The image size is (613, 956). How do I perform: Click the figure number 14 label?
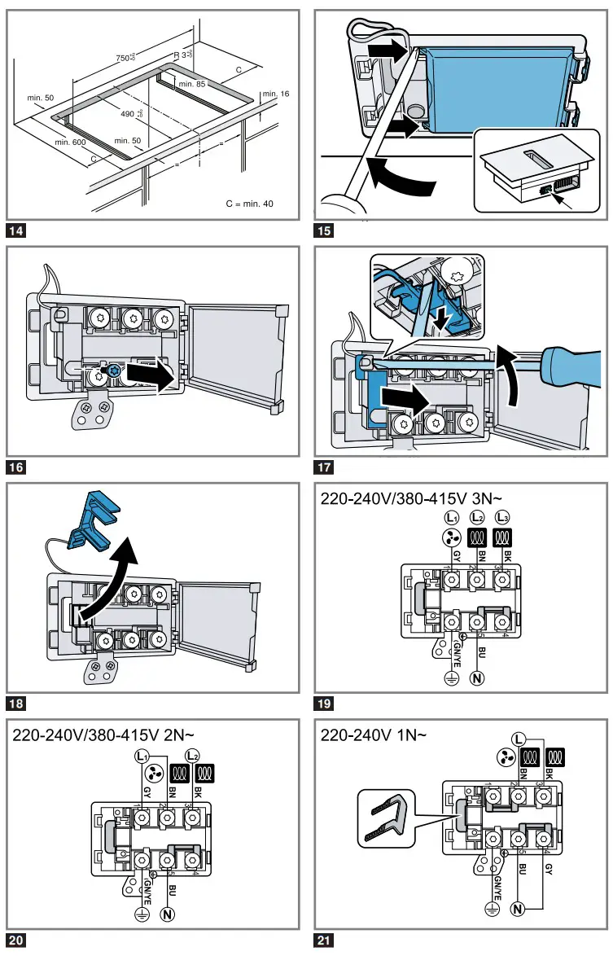click(15, 230)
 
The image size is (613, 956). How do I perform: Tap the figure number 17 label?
click(324, 467)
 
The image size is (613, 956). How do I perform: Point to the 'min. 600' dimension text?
click(70, 143)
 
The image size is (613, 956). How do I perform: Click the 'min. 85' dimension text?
click(193, 84)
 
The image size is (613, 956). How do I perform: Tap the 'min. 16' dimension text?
click(275, 94)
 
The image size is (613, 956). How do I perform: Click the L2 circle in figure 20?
click(194, 755)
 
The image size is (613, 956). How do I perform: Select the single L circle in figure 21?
click(519, 739)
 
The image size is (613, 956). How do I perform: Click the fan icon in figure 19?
click(450, 538)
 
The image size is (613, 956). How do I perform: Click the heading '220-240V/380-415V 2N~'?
click(112, 736)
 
